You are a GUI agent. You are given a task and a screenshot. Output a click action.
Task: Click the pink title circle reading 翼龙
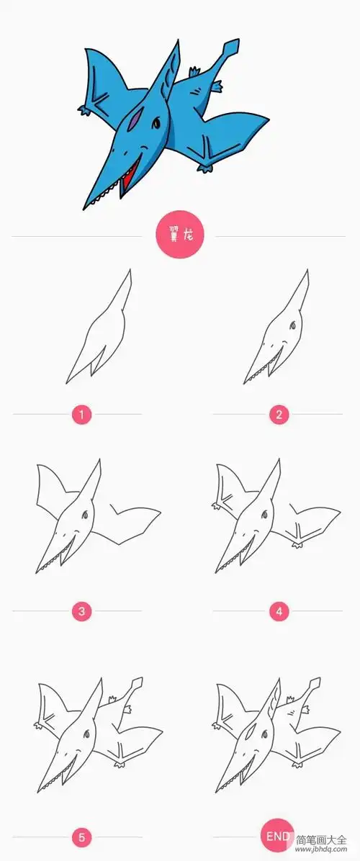tap(180, 235)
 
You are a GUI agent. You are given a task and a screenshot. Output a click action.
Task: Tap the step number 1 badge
tap(81, 414)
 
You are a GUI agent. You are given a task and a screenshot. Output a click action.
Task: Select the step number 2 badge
tap(278, 414)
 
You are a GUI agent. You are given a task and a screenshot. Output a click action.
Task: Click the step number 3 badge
tap(81, 612)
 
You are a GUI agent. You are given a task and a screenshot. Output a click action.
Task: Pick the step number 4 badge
tap(278, 612)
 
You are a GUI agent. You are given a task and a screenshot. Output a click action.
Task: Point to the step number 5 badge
tap(81, 837)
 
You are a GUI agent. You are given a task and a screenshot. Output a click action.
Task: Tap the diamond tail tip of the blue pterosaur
tap(230, 50)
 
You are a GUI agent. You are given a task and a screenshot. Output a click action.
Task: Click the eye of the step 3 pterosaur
tap(85, 514)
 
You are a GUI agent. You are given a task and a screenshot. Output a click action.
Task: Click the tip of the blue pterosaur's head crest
tap(177, 43)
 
